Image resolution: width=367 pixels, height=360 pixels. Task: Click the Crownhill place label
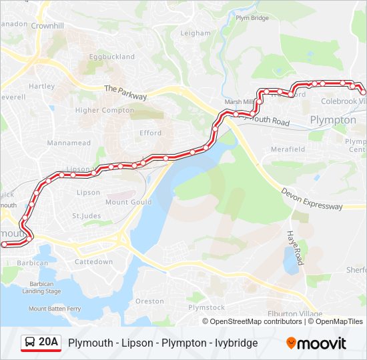coord(47,25)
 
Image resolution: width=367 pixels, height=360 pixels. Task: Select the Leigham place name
coord(195,33)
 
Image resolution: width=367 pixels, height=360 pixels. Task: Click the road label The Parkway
coord(125,92)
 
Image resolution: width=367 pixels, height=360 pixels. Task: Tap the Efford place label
coord(150,133)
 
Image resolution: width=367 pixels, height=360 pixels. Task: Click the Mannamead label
coord(68,143)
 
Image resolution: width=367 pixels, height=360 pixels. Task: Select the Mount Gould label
coord(128,202)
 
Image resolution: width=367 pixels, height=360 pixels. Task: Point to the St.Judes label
coord(85,215)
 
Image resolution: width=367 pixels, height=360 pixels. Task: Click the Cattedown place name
coord(93,262)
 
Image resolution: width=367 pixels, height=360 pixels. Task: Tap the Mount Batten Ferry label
coord(55,309)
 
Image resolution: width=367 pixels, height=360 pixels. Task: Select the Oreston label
coord(149,301)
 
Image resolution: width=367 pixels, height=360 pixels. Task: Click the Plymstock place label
coord(206,307)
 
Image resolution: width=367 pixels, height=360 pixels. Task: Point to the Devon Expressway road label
coord(312,199)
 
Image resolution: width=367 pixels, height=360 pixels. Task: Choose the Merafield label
coord(288,149)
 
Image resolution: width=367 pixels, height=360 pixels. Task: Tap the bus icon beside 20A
coord(30,343)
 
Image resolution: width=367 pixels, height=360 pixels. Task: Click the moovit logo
coord(316,343)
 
